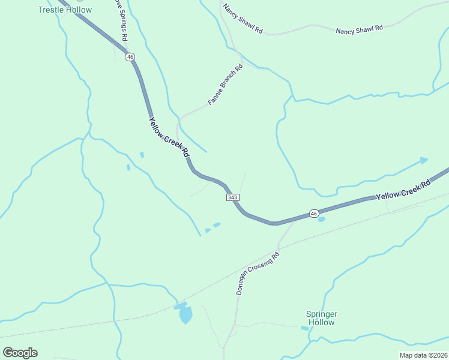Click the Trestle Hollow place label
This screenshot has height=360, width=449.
click(65, 10)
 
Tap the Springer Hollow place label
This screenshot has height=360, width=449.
click(322, 318)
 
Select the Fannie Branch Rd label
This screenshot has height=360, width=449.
click(225, 85)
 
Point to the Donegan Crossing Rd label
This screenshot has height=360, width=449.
click(259, 273)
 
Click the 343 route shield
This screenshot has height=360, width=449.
click(234, 197)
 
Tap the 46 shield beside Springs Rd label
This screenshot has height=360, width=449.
click(130, 57)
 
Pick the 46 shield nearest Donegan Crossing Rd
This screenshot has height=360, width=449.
click(314, 213)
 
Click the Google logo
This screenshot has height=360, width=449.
click(20, 353)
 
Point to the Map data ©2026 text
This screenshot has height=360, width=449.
click(423, 355)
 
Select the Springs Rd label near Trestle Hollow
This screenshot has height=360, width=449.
click(121, 20)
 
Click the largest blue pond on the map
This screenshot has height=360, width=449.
click(185, 314)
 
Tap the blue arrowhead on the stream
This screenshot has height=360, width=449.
click(424, 160)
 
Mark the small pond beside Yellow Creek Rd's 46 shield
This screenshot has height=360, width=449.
click(322, 220)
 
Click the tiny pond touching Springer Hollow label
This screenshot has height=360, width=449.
click(304, 328)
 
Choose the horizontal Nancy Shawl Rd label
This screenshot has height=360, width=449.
click(359, 29)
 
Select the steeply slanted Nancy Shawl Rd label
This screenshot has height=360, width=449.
click(243, 19)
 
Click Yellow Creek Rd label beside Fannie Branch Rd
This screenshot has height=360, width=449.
click(169, 137)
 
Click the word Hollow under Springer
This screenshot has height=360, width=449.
click(322, 323)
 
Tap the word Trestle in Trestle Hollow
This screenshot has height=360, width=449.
click(50, 10)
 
